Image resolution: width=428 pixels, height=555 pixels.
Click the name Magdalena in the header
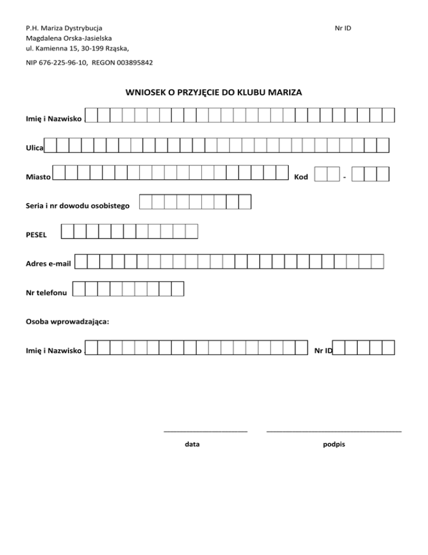click(x=45, y=38)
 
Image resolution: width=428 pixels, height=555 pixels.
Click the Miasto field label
click(x=38, y=178)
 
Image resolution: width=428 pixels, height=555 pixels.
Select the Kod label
click(x=301, y=178)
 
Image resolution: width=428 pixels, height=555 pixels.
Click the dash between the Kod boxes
click(x=346, y=178)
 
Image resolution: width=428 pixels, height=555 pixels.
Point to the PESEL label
click(x=36, y=235)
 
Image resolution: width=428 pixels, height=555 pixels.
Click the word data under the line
click(x=192, y=445)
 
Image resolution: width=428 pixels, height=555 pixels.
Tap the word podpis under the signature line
click(x=334, y=445)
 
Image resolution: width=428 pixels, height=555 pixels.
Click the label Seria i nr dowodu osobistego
click(x=78, y=206)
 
